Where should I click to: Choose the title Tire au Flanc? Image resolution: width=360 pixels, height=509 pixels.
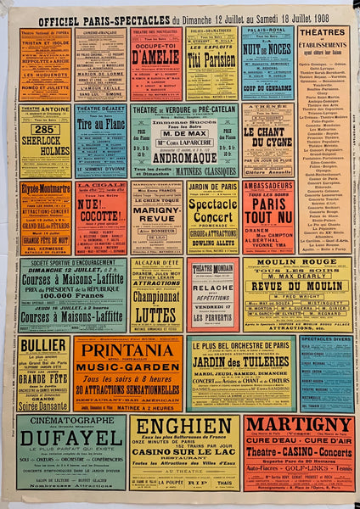[99, 127]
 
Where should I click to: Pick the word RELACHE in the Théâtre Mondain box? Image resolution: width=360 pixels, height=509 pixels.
[212, 288]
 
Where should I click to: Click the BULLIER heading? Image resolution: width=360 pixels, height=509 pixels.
[43, 345]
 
